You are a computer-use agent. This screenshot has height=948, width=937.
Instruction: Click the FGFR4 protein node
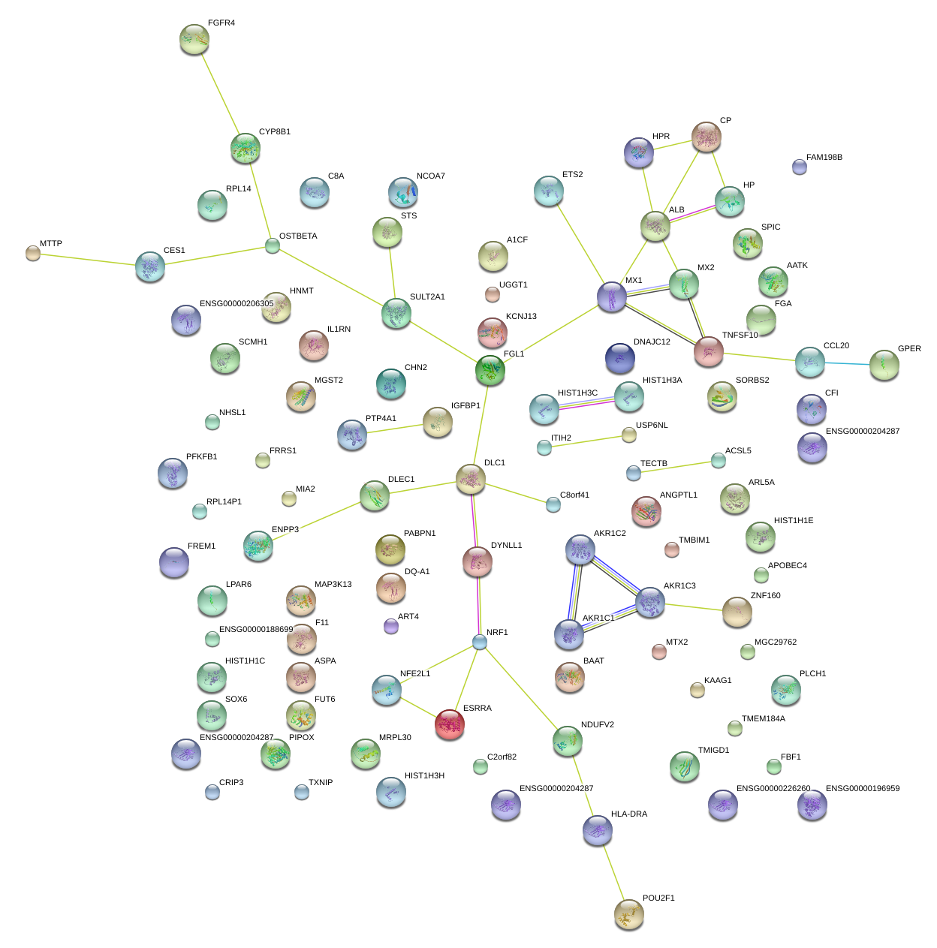point(194,39)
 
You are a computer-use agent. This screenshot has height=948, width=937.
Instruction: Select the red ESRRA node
point(450,724)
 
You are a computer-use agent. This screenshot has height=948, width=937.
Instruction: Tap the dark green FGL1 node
point(490,370)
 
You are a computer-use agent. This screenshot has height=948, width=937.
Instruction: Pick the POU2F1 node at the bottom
point(628,913)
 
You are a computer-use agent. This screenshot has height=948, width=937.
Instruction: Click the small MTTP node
point(33,253)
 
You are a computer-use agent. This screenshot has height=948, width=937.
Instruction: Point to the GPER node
point(884,365)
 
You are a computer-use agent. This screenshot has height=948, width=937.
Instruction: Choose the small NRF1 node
point(480,642)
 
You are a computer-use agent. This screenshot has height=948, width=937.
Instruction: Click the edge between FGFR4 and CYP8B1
point(220,93)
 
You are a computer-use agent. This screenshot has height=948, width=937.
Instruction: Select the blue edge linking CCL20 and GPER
point(847,364)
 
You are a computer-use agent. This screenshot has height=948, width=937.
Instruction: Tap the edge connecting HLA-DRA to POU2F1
point(613,871)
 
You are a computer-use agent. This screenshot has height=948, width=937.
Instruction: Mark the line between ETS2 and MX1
point(580,245)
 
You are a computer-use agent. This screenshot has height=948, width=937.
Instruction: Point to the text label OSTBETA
point(298,236)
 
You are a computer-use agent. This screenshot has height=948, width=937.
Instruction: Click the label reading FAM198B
point(824,158)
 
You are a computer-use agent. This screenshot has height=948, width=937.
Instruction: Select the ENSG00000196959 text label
point(862,789)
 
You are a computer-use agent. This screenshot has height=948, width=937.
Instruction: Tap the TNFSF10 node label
point(740,336)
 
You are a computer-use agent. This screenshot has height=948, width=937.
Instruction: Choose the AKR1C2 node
point(580,550)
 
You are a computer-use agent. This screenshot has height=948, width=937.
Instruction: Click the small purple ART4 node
point(390,626)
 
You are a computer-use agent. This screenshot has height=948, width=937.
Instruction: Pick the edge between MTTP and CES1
point(87,260)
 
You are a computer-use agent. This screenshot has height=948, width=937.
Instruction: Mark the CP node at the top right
point(706,137)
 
